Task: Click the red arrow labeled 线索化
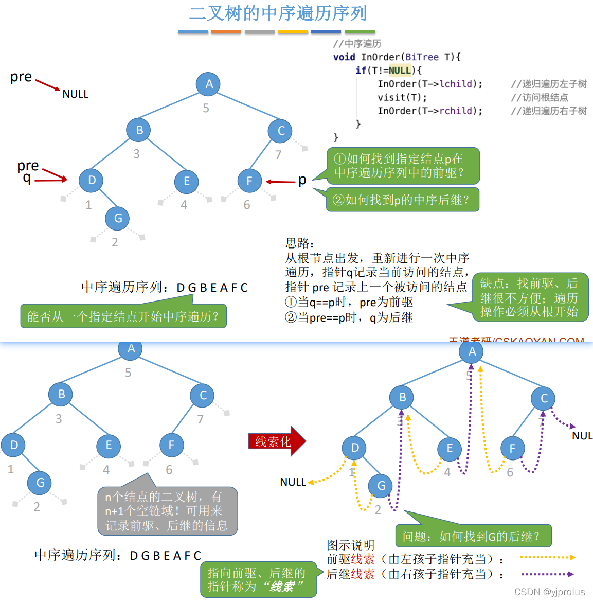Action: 276,441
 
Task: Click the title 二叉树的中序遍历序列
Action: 278,13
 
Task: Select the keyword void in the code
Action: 344,57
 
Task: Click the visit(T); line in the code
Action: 402,97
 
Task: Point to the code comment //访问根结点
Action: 540,97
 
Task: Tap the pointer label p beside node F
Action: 302,180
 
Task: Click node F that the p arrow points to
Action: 249,181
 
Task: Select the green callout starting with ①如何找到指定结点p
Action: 403,166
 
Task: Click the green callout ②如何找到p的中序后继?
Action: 402,200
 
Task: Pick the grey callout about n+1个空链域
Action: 168,511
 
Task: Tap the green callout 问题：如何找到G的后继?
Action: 473,536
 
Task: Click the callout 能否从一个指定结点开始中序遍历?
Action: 123,316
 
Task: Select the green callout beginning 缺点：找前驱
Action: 530,297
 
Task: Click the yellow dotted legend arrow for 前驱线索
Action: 547,557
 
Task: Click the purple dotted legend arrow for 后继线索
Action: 547,574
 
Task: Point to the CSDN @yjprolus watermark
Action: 549,592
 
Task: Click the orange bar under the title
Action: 226,32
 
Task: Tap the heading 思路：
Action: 300,243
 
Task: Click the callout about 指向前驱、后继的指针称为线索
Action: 258,579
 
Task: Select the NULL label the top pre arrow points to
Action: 76,94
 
